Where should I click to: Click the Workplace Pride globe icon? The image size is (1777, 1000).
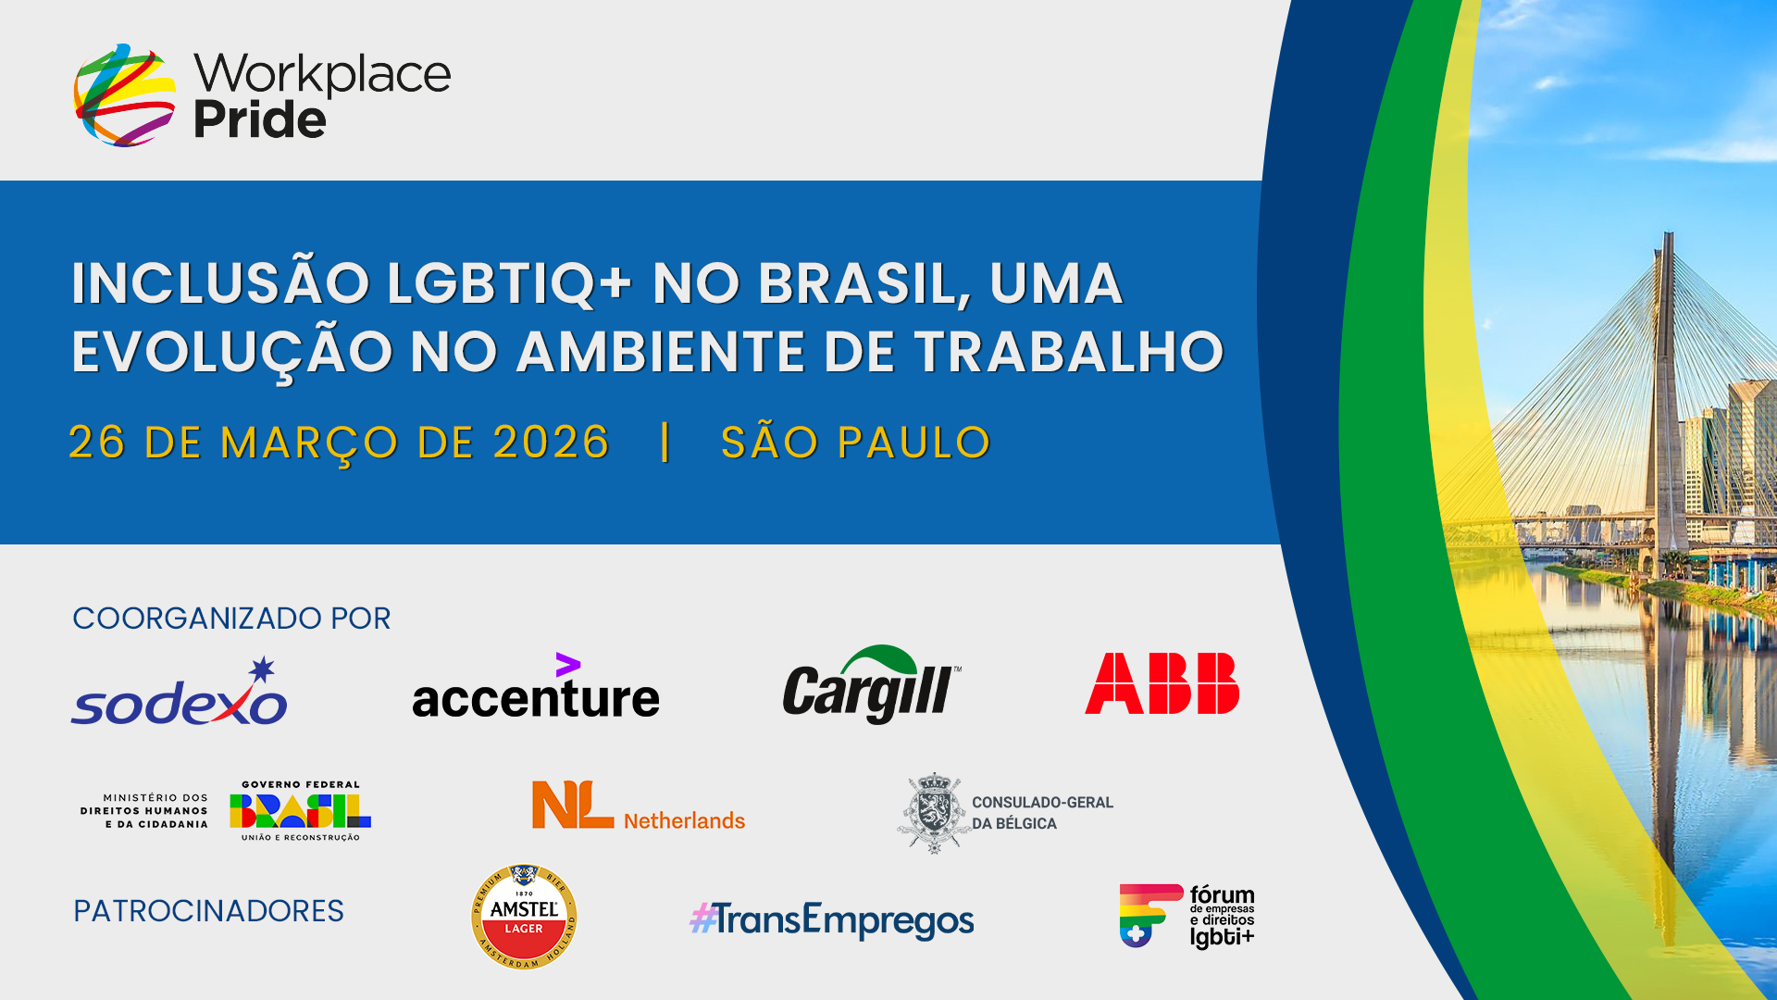[125, 94]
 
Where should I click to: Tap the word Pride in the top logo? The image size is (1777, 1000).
[260, 119]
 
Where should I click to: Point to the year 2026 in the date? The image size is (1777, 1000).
[552, 442]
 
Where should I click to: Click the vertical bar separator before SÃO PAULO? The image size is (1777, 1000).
[665, 442]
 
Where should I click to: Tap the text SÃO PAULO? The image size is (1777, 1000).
[856, 442]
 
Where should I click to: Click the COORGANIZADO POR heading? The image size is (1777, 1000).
[231, 618]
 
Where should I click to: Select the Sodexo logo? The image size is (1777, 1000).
[180, 692]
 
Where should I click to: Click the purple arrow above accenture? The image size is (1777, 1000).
[567, 664]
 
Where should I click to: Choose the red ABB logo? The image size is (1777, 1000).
[1162, 683]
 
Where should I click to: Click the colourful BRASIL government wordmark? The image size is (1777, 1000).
[300, 811]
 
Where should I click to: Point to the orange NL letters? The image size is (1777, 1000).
[572, 805]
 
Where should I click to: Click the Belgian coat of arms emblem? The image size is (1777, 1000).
[934, 813]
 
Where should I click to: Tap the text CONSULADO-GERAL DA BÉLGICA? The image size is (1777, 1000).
[1042, 813]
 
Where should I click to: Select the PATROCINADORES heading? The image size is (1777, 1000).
[208, 911]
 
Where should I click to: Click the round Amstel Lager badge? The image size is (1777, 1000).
[524, 918]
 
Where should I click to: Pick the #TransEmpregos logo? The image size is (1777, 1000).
[832, 919]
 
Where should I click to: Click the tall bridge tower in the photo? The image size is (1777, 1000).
[1668, 398]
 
